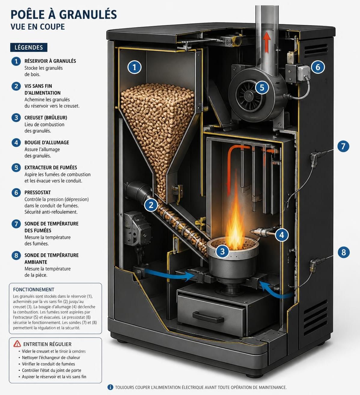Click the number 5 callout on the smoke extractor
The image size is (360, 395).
[262, 88]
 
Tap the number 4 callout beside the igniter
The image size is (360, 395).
[282, 235]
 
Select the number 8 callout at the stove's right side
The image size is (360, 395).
[343, 252]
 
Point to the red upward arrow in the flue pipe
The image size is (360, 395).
[267, 42]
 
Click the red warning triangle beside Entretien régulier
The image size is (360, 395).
[17, 344]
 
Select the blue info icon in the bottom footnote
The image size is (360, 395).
[110, 387]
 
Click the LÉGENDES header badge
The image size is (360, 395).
[29, 47]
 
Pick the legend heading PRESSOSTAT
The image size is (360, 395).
[38, 192]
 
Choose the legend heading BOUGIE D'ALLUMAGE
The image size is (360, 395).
[47, 142]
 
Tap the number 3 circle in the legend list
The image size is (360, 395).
[16, 118]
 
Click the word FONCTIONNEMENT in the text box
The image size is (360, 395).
[34, 289]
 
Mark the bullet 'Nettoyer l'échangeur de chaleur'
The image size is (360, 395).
[51, 357]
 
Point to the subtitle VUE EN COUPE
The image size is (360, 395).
[38, 27]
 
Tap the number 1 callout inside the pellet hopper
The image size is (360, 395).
[134, 67]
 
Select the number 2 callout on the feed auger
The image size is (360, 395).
[151, 205]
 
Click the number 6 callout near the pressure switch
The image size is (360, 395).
[318, 67]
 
